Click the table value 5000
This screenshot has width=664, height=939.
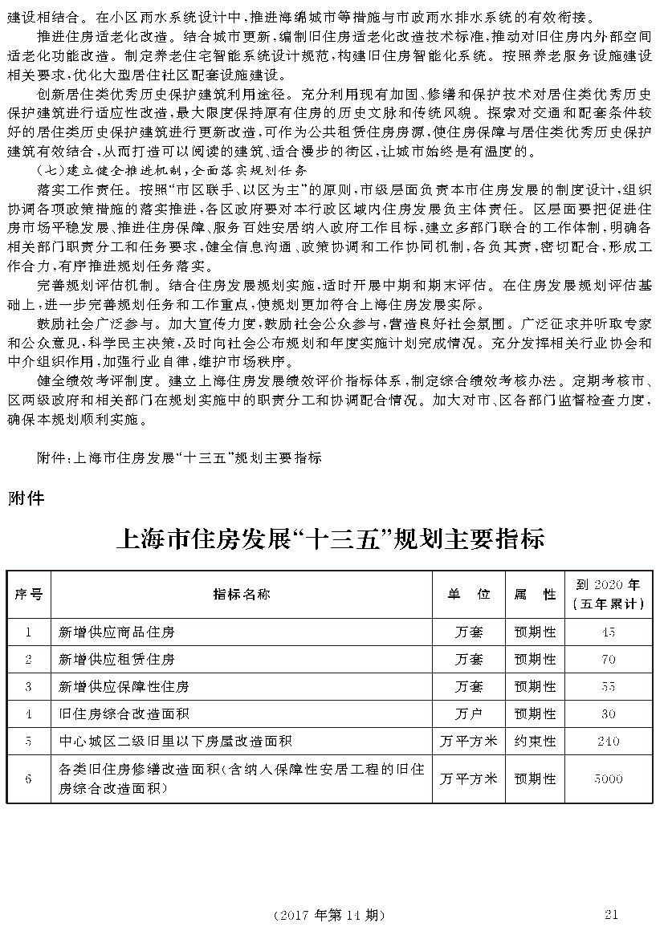click(608, 778)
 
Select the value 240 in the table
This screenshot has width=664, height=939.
click(608, 741)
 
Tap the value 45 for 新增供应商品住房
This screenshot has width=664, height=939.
click(608, 632)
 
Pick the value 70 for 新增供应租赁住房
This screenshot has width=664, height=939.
click(608, 659)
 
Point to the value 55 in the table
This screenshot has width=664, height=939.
click(608, 686)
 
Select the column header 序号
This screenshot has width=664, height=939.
click(29, 594)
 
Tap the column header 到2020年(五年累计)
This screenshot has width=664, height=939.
click(608, 594)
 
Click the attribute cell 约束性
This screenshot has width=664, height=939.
click(535, 741)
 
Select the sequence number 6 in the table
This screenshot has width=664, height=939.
click(29, 778)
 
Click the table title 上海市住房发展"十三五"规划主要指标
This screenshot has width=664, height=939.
click(331, 537)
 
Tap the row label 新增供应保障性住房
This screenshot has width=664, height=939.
click(124, 686)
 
